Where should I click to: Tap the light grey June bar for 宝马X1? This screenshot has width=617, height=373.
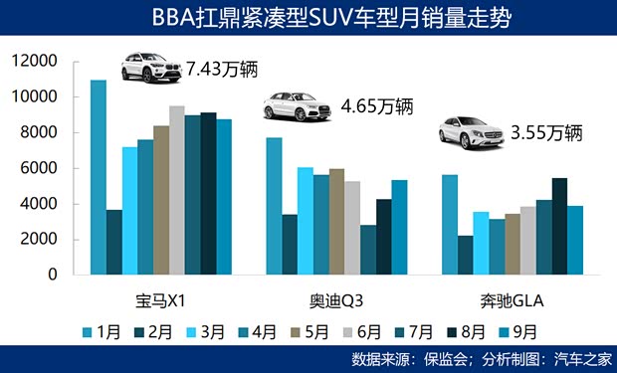(176, 190)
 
